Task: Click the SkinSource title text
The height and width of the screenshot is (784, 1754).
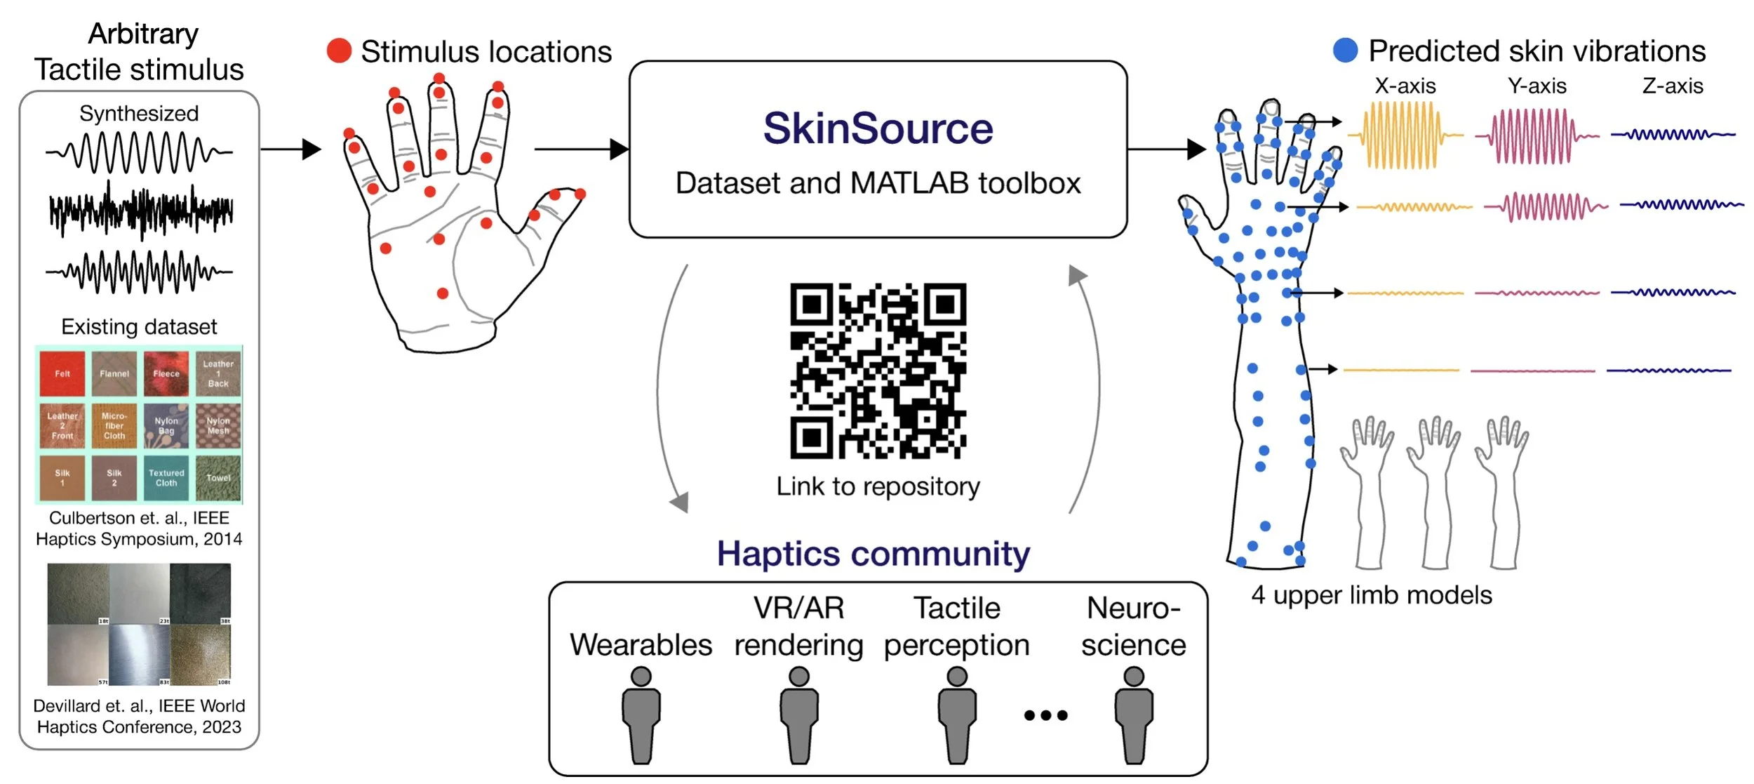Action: click(878, 128)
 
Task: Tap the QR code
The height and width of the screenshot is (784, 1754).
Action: click(878, 371)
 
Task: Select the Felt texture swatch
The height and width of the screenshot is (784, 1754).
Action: click(62, 373)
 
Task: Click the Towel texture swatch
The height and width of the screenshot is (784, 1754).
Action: click(218, 477)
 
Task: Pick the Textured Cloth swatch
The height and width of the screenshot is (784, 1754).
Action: click(166, 477)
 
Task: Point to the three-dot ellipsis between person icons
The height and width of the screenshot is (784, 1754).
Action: click(1045, 715)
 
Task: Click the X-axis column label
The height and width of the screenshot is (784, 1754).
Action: click(1405, 86)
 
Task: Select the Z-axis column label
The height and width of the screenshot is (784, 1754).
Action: click(1673, 86)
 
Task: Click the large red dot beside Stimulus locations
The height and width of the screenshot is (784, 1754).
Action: click(339, 51)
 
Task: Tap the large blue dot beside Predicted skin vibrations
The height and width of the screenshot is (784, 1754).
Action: click(1345, 50)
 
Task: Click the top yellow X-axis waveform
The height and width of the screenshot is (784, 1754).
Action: click(1403, 135)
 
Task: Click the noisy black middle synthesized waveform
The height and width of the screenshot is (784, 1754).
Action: click(140, 210)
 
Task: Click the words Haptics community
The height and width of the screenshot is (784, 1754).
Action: click(873, 554)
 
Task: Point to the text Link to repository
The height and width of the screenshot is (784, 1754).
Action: click(878, 486)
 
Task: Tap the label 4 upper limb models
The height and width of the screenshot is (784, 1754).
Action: click(1371, 595)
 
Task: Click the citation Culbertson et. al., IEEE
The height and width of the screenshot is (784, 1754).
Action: click(139, 518)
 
